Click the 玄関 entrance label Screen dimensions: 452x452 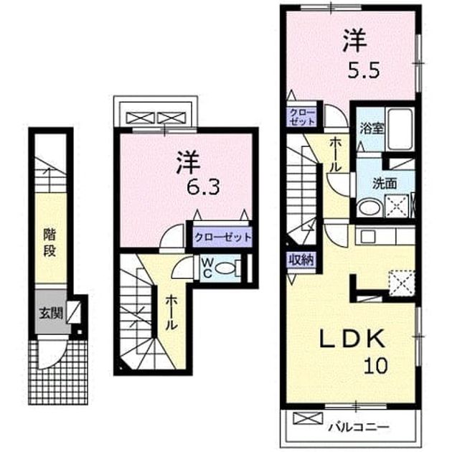click(x=51, y=313)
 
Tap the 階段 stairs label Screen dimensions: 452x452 click(x=50, y=243)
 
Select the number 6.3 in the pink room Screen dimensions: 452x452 click(x=203, y=188)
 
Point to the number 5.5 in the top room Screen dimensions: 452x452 click(x=363, y=70)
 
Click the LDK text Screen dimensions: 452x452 click(x=352, y=339)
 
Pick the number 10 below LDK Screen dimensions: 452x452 click(x=375, y=365)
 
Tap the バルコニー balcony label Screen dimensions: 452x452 click(x=359, y=426)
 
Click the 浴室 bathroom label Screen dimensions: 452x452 click(x=372, y=129)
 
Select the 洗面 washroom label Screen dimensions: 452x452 click(x=385, y=184)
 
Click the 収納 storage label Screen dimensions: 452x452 click(x=301, y=260)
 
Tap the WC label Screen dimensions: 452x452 click(x=207, y=268)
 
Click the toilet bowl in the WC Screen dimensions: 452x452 click(x=226, y=268)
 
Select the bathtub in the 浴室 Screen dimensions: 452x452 click(x=401, y=129)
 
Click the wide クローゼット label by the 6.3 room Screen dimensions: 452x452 click(x=222, y=237)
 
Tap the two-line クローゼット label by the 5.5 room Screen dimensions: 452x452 click(x=302, y=116)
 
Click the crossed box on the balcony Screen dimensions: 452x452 click(x=308, y=418)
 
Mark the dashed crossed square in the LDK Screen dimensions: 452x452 click(x=402, y=283)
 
